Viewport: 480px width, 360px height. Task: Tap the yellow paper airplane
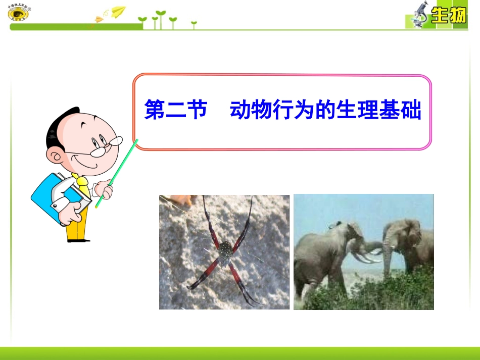[x=118, y=11]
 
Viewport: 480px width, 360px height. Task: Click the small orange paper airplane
[x=99, y=20]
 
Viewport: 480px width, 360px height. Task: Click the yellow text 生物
[x=448, y=16]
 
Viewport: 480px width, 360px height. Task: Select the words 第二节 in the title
[x=176, y=110]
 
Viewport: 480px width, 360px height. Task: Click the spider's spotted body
[x=225, y=249]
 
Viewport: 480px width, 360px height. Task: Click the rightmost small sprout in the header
[x=194, y=23]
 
